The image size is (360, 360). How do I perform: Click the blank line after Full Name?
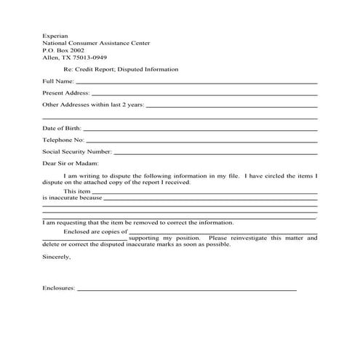click(x=196, y=82)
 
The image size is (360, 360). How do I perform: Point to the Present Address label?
click(x=65, y=93)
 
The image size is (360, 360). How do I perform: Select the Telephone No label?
click(x=63, y=140)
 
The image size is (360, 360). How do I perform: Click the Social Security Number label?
click(x=77, y=152)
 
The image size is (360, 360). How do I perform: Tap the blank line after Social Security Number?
click(x=216, y=154)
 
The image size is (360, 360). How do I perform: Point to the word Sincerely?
click(x=57, y=257)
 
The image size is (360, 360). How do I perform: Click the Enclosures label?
click(x=59, y=289)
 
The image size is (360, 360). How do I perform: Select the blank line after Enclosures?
click(x=188, y=291)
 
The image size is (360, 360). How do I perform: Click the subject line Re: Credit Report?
click(x=121, y=68)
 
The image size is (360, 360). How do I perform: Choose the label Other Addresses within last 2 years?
click(x=93, y=105)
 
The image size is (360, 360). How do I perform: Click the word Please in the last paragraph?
click(x=216, y=239)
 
